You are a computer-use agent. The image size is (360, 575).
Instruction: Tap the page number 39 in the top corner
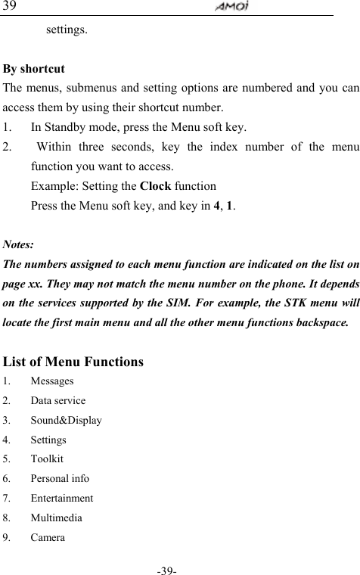pos(10,6)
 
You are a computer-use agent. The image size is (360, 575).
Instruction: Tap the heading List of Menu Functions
pos(73,362)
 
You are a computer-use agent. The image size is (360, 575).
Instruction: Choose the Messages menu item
pos(52,381)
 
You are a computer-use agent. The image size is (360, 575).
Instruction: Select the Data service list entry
pos(58,401)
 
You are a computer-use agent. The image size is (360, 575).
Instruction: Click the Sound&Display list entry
pos(67,421)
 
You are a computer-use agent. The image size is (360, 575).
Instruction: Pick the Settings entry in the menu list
pos(48,440)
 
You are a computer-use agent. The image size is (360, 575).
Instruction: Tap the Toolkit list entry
pos(47,459)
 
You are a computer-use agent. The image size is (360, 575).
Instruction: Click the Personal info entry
pos(60,479)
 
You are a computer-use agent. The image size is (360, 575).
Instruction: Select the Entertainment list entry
pos(62,499)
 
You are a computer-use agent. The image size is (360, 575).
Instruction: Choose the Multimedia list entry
pos(57,518)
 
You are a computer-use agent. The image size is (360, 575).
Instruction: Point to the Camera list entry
pos(48,538)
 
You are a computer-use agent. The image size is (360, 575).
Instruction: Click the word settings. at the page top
pos(67,31)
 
